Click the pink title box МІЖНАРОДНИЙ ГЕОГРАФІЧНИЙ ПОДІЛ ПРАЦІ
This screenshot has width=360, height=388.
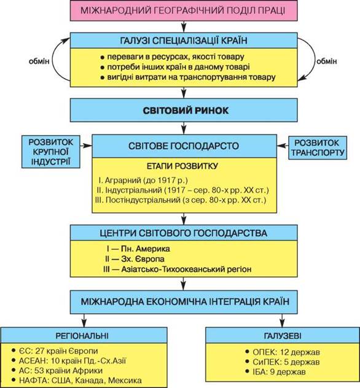(x=184, y=10)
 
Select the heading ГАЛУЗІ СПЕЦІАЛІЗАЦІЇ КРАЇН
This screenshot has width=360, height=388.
(x=184, y=41)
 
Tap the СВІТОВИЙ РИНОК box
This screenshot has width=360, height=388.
(x=184, y=110)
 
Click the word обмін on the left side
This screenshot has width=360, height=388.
(x=39, y=61)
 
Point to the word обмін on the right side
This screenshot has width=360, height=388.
(x=327, y=61)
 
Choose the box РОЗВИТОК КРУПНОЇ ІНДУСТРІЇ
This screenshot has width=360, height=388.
(x=51, y=152)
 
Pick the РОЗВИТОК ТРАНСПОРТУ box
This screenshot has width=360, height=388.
(x=318, y=147)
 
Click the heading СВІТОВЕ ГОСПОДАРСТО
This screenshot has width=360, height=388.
(x=184, y=145)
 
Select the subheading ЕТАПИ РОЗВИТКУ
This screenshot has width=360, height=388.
(x=182, y=166)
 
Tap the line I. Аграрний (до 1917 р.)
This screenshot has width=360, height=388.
(x=143, y=180)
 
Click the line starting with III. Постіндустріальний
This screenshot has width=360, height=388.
(x=181, y=200)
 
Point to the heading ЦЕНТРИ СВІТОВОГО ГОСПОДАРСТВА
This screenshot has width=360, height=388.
(x=184, y=233)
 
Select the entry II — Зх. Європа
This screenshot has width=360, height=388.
(x=135, y=259)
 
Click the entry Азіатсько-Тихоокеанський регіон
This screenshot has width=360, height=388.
(x=186, y=269)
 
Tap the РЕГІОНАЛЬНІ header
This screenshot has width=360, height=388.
(x=82, y=336)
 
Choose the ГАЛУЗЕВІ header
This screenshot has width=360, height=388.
(x=283, y=336)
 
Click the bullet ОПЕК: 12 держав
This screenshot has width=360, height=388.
(x=283, y=352)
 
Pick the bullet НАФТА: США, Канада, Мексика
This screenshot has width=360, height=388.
(x=77, y=381)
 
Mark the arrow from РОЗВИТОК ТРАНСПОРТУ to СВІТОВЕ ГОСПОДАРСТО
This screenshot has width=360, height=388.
(x=283, y=146)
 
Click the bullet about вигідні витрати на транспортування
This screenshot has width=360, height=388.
(x=188, y=77)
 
